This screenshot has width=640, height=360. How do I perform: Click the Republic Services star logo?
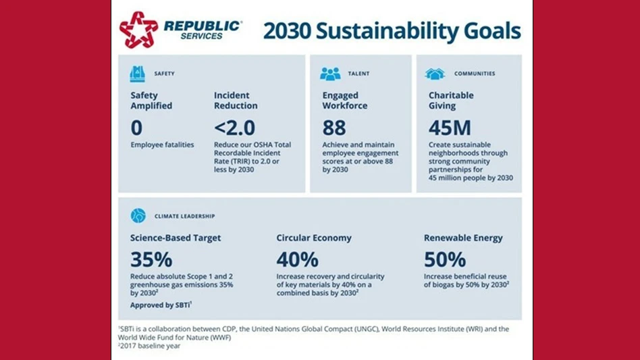[x=138, y=30]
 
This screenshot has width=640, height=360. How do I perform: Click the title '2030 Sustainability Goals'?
[x=392, y=31]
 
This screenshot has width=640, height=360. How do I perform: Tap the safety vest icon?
[x=138, y=74]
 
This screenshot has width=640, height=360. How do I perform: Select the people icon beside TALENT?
[x=330, y=74]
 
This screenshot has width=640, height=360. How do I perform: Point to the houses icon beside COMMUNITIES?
[x=435, y=74]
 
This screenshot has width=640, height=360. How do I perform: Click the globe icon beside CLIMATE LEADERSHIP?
[x=138, y=215]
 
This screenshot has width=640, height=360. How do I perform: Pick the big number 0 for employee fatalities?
[x=137, y=127]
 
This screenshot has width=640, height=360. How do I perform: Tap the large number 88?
[x=334, y=127]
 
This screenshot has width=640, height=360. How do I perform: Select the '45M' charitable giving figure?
[x=450, y=127]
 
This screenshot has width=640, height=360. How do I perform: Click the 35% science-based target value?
[x=151, y=259]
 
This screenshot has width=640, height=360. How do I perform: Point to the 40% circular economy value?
[x=298, y=259]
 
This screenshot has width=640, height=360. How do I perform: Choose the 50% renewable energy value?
[x=445, y=259]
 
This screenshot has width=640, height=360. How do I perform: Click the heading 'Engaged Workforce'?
[x=346, y=101]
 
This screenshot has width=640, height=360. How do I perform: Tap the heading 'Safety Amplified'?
[x=151, y=101]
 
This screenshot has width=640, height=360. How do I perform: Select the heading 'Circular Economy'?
[x=315, y=238]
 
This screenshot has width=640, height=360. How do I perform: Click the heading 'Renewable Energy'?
[x=463, y=238]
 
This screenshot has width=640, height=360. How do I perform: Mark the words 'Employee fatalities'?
[x=162, y=145]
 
